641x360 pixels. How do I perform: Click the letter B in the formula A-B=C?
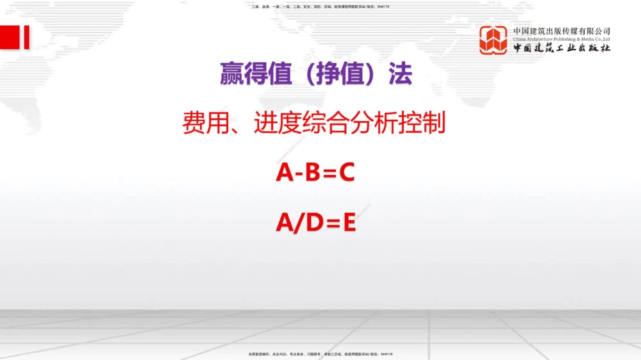tap(312, 172)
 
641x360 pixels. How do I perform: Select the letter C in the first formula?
tap(346, 172)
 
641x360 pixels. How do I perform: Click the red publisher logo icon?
tap(493, 40)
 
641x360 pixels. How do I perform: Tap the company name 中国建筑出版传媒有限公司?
tap(562, 31)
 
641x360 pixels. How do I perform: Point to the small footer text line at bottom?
tap(320, 354)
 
